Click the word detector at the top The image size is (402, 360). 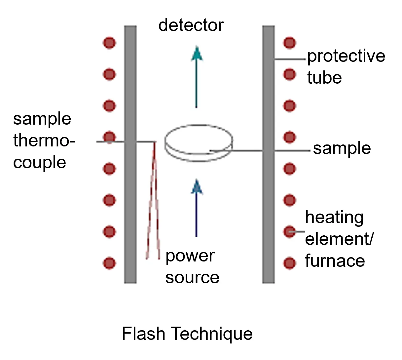tap(191, 25)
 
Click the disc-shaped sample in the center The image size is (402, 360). tap(199, 142)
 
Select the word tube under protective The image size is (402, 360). tap(324, 78)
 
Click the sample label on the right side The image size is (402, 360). tap(342, 148)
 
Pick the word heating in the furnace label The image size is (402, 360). tap(334, 218)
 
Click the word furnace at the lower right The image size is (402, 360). tap(335, 261)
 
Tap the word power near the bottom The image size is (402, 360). tap(190, 257)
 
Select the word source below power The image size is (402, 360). tap(192, 278)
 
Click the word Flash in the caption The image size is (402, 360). tap(143, 334)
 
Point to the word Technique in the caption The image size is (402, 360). tap(212, 334)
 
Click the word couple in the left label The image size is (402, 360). tap(40, 163)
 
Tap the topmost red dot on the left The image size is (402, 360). tap(109, 43)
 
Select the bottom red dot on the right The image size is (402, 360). tap(290, 263)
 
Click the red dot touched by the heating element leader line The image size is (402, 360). tap(290, 232)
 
